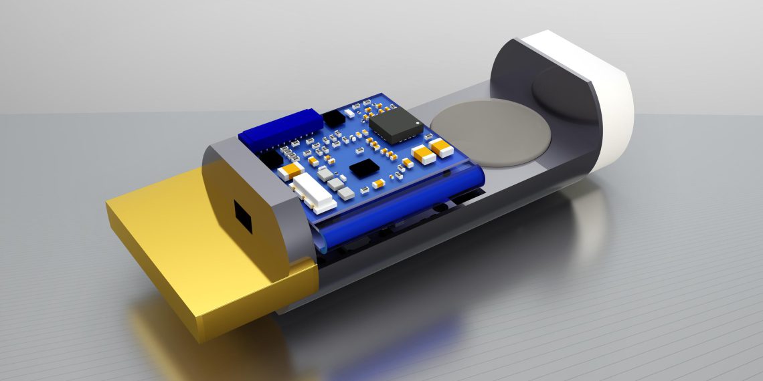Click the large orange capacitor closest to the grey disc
(x=440, y=148)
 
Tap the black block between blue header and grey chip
(x=332, y=118)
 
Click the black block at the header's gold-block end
(x=269, y=158)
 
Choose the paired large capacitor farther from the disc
(x=423, y=154)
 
